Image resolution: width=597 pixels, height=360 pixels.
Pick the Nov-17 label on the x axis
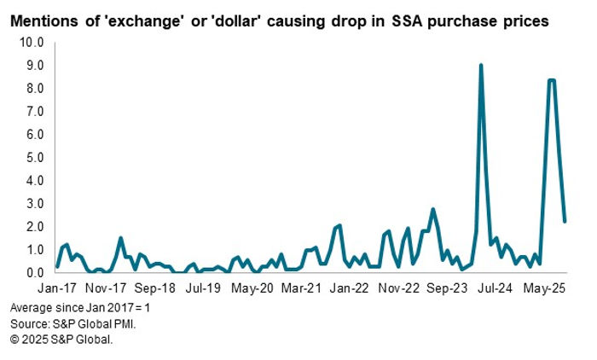(x=107, y=289)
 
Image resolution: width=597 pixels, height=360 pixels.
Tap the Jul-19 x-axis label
(x=206, y=289)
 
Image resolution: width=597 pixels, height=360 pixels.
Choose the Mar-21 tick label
(x=306, y=289)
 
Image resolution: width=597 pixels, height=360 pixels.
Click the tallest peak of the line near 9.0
(x=481, y=66)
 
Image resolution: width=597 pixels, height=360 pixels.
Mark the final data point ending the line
(x=565, y=221)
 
